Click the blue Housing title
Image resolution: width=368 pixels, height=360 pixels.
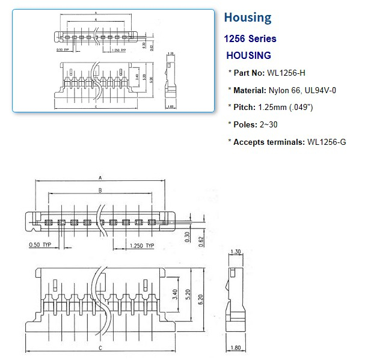(x=247, y=17)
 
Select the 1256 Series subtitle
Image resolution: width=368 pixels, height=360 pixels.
(x=250, y=38)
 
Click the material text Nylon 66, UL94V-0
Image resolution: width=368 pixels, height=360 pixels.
(x=305, y=90)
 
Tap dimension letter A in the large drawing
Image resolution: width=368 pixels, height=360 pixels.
(x=99, y=178)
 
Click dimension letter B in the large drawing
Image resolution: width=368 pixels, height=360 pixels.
(x=99, y=191)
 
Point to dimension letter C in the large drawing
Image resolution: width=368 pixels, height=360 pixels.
(x=99, y=348)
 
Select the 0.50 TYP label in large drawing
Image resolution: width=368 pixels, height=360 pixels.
(x=41, y=245)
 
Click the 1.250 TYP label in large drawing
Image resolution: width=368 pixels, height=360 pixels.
(x=142, y=245)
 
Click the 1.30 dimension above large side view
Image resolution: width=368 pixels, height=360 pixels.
(x=235, y=252)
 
